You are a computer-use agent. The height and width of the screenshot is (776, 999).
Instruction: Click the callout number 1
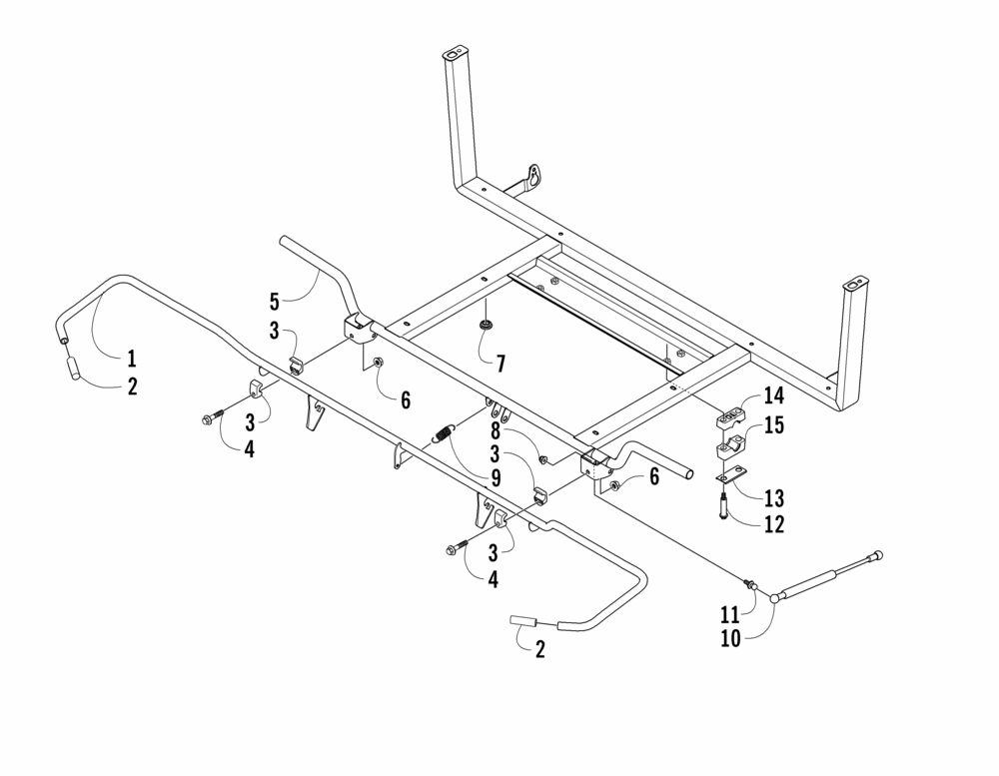[x=132, y=359]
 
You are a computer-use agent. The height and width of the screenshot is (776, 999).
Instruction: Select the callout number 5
[x=275, y=302]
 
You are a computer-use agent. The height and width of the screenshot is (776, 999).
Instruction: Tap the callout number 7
[x=500, y=365]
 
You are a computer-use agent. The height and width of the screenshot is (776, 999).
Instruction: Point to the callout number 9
[x=496, y=477]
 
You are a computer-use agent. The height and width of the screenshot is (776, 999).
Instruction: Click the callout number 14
[x=773, y=395]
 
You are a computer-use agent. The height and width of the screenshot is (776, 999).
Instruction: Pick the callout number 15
[x=774, y=425]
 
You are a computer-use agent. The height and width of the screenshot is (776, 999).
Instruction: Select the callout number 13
[x=774, y=498]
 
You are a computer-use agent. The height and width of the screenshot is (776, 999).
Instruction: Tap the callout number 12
[x=774, y=524]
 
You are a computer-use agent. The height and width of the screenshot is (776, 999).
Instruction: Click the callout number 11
[x=730, y=615]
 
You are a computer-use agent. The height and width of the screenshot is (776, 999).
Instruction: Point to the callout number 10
[x=731, y=638]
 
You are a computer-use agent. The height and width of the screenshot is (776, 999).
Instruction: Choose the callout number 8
[x=496, y=432]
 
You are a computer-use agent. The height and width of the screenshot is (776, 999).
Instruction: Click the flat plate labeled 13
[x=731, y=475]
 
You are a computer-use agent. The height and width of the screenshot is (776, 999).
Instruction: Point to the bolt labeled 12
[x=723, y=506]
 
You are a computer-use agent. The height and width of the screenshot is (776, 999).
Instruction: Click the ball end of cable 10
[x=775, y=597]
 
